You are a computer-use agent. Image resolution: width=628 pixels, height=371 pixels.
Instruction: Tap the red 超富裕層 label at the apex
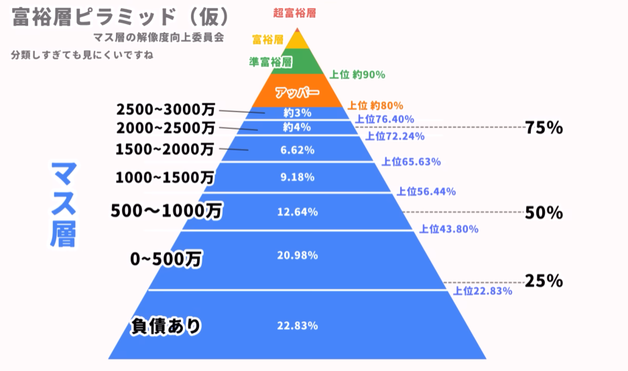294,13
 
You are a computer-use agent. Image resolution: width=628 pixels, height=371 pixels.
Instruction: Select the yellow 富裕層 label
267,40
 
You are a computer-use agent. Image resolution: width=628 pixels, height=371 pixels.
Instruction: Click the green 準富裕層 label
270,62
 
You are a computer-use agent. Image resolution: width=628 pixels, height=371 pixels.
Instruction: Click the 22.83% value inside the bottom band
297,326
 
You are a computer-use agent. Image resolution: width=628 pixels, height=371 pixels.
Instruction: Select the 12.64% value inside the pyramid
297,213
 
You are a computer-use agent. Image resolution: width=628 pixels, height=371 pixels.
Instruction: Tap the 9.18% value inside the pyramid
297,178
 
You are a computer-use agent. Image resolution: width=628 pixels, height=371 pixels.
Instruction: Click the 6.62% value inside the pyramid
297,150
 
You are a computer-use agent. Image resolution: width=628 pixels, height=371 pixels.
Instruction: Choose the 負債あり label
166,327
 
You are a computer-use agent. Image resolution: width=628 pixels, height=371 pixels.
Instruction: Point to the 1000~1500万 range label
165,178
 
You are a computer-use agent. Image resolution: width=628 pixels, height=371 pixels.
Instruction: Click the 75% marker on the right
544,127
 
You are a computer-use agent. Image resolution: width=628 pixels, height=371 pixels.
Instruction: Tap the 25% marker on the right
544,281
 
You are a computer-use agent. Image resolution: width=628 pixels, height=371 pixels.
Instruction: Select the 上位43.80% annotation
448,229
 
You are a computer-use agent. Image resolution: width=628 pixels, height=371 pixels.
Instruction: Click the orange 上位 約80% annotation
375,105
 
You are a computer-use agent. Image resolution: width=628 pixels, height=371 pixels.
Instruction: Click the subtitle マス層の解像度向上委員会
160,38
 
